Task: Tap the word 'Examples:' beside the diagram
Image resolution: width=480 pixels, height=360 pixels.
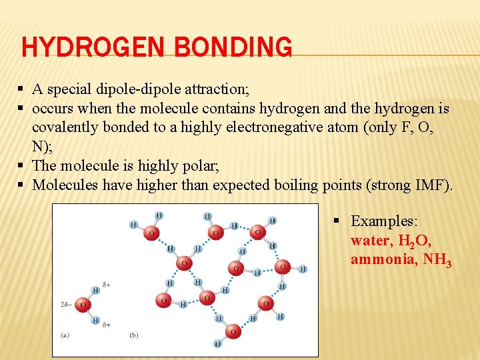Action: click(x=383, y=221)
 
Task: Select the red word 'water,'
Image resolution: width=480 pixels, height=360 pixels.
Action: click(x=372, y=240)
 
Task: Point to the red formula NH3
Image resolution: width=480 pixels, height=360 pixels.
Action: click(x=438, y=260)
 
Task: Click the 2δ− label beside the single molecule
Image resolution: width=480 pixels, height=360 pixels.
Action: click(x=66, y=305)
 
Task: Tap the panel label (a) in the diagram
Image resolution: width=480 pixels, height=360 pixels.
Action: click(x=65, y=335)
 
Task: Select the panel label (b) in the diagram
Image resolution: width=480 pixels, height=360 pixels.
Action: click(x=135, y=335)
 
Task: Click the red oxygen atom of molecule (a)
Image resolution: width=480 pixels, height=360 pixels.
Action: click(x=83, y=305)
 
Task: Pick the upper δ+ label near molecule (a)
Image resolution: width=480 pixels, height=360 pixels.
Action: click(x=106, y=285)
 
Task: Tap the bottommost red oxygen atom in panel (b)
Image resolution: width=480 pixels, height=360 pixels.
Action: click(x=233, y=331)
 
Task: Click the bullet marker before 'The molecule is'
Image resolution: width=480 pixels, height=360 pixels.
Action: click(x=22, y=166)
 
